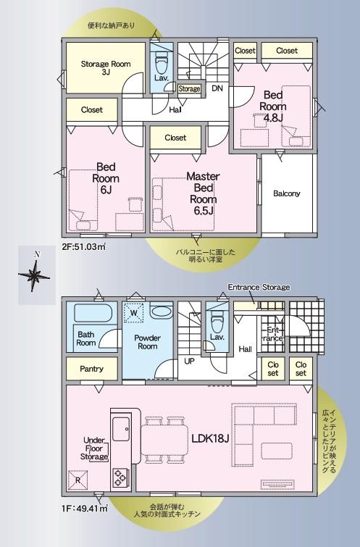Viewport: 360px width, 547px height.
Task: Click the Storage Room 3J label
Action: click(x=106, y=68)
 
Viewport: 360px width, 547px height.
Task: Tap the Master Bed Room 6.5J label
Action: click(x=203, y=193)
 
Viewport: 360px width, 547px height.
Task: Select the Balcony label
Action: click(x=287, y=193)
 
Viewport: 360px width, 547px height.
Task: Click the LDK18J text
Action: click(x=210, y=438)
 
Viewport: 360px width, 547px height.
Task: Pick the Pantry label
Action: click(x=91, y=369)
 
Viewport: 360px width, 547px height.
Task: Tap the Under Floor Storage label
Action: click(x=94, y=448)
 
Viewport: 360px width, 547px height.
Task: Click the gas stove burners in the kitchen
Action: click(x=121, y=477)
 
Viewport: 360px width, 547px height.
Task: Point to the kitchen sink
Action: click(x=122, y=429)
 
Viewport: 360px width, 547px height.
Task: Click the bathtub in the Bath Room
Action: click(x=93, y=312)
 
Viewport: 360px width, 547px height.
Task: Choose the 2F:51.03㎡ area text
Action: click(x=84, y=246)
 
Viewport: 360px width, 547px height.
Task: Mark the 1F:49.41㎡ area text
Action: click(x=85, y=509)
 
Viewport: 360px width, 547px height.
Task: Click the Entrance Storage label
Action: click(x=259, y=287)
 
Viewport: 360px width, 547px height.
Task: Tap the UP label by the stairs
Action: click(x=190, y=361)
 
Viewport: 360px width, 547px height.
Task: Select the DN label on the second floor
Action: click(x=217, y=88)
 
